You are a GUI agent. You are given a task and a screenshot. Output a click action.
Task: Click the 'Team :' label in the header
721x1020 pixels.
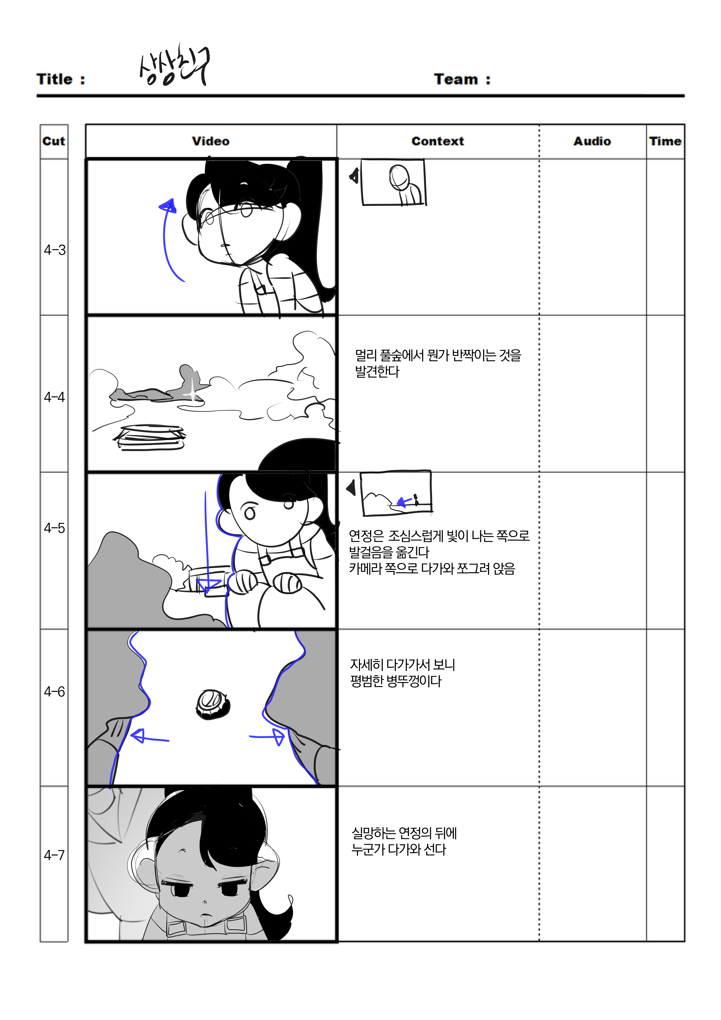(462, 79)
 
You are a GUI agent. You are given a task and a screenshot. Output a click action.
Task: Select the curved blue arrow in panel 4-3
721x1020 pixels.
(168, 240)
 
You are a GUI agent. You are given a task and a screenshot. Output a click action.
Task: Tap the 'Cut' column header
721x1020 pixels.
(54, 141)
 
